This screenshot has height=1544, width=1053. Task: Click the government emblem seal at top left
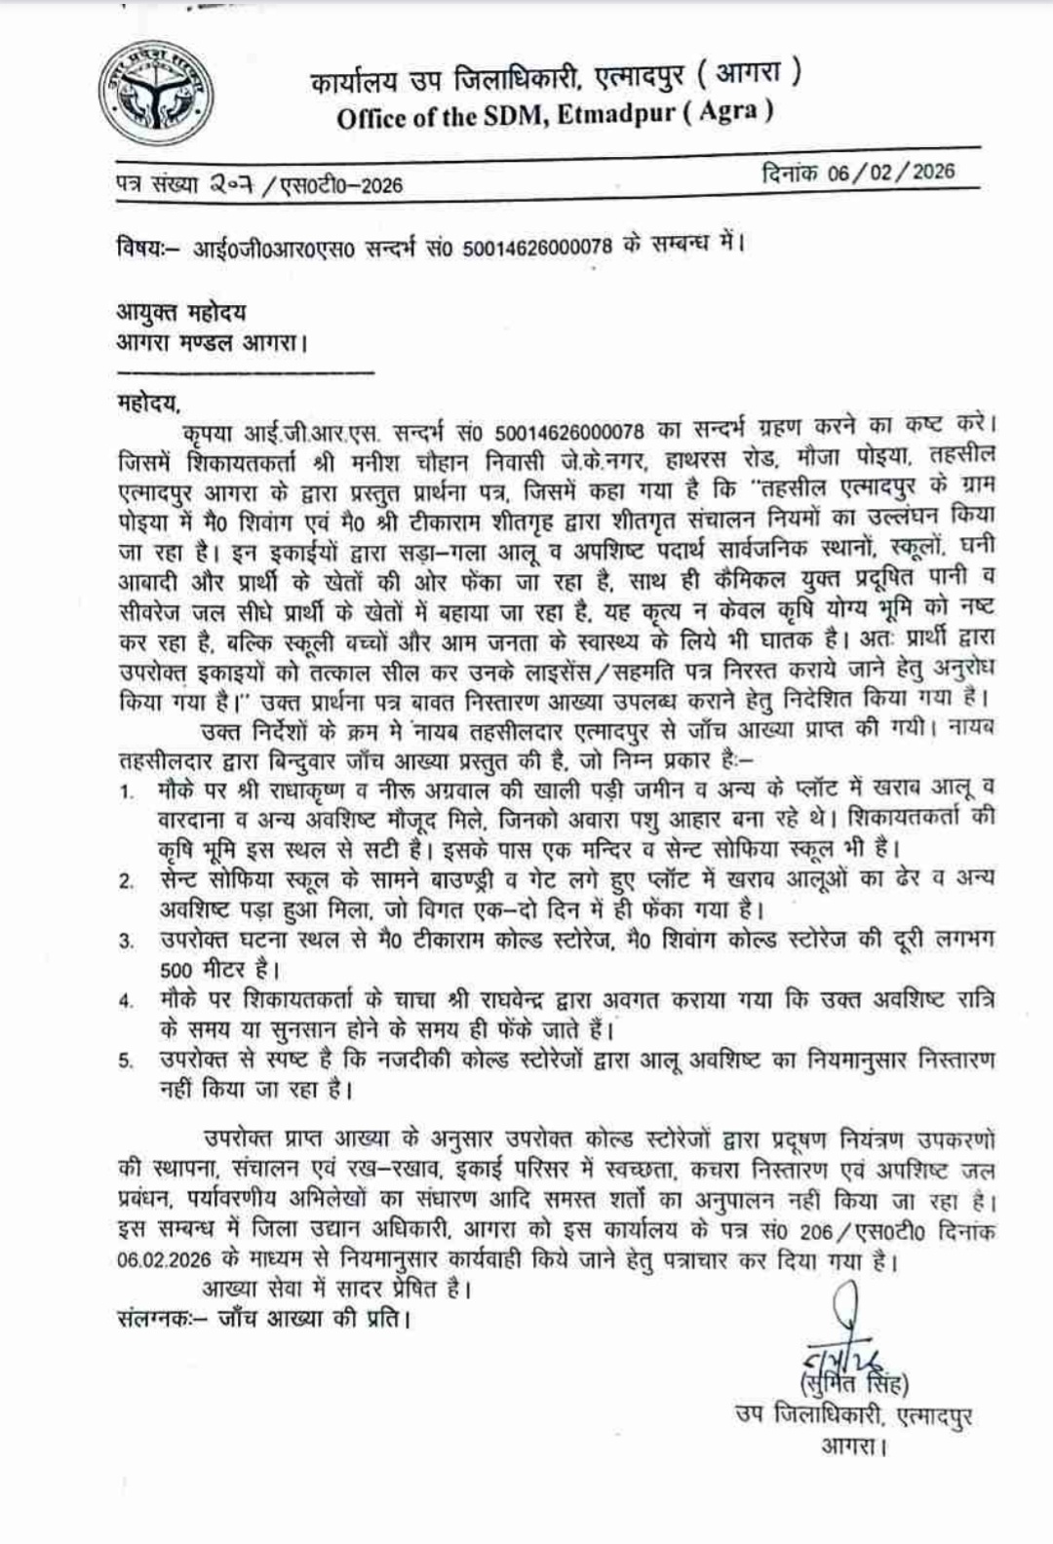pyautogui.click(x=155, y=94)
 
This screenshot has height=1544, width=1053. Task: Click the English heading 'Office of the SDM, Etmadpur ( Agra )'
pyautogui.click(x=555, y=115)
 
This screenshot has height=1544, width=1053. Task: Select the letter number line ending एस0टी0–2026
pyautogui.click(x=258, y=183)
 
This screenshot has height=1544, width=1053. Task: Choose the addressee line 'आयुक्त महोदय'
pyautogui.click(x=181, y=312)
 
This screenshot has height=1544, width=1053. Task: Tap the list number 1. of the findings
pyautogui.click(x=128, y=791)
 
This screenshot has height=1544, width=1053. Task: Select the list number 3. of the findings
pyautogui.click(x=127, y=942)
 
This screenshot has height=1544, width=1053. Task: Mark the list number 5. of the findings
pyautogui.click(x=127, y=1061)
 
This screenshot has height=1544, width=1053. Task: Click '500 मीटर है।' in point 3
pyautogui.click(x=219, y=970)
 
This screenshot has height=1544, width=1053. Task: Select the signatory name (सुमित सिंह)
pyautogui.click(x=853, y=1383)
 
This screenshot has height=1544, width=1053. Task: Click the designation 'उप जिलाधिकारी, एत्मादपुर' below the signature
pyautogui.click(x=853, y=1415)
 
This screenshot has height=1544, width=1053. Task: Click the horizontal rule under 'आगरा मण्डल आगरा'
pyautogui.click(x=245, y=370)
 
